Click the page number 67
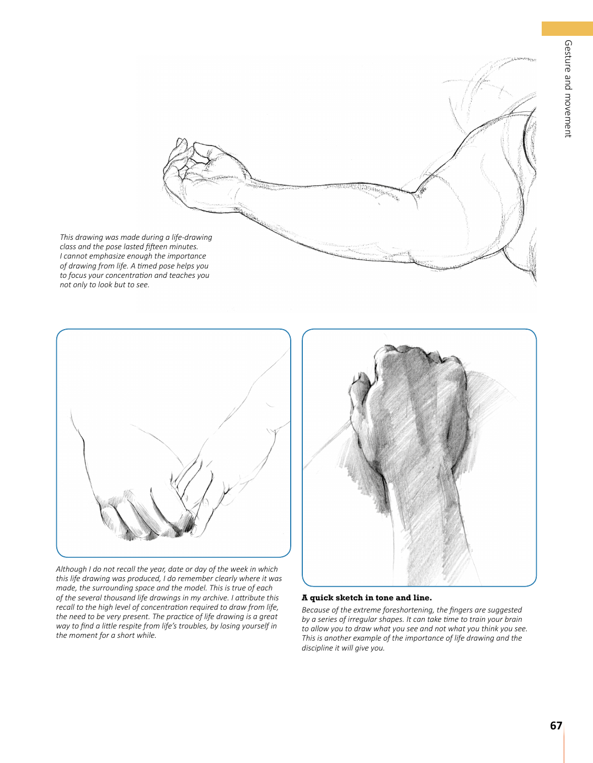[556, 726]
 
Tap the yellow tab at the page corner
[567, 29]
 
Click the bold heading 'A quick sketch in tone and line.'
[367, 598]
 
